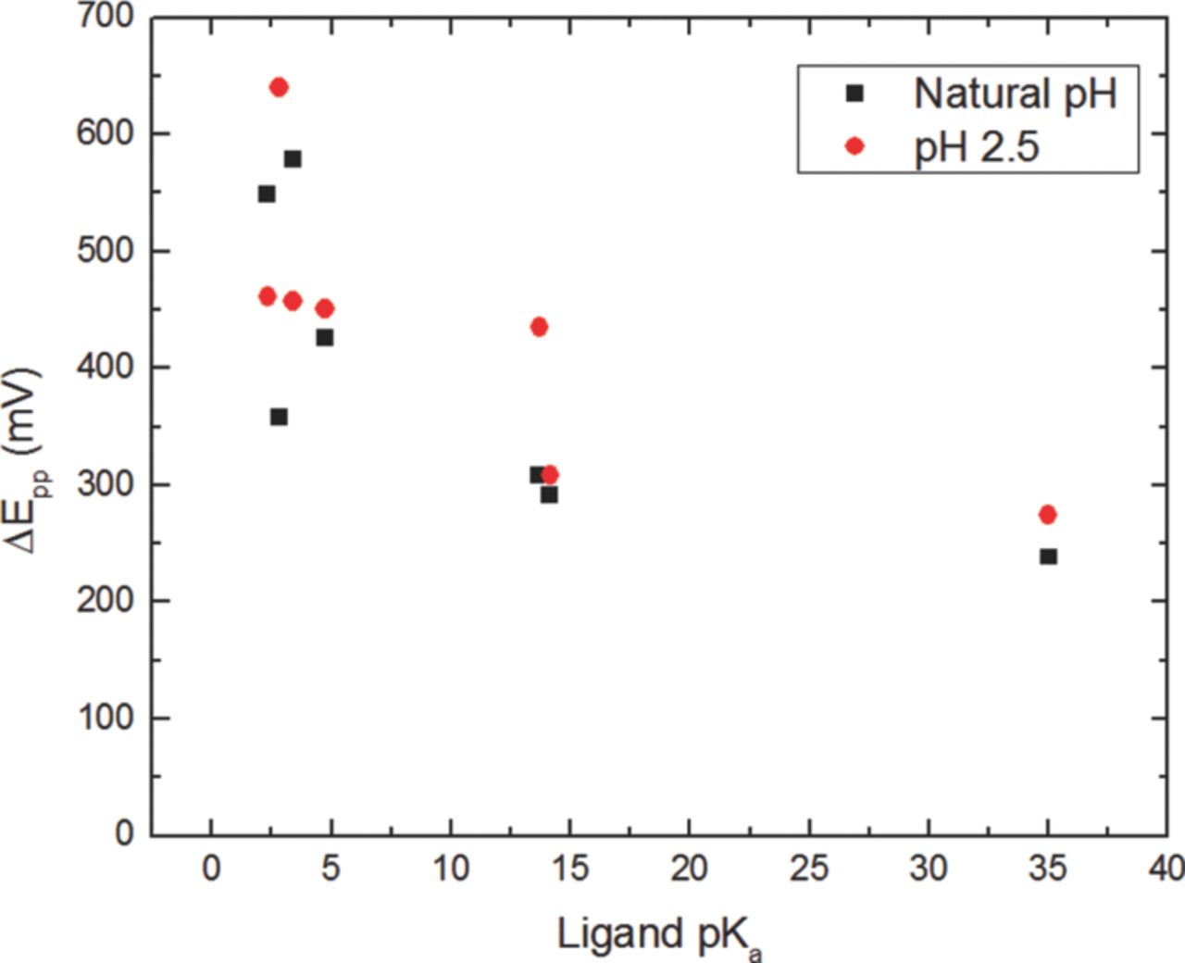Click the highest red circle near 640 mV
[279, 87]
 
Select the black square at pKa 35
[1048, 557]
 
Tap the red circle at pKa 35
[1048, 515]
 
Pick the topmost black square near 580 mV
[293, 159]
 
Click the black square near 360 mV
[279, 417]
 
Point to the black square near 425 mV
[325, 338]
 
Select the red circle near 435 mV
[539, 327]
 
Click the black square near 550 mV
[267, 194]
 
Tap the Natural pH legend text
[1016, 94]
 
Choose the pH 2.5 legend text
[977, 146]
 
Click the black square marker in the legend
[854, 93]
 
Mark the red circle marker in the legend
[854, 146]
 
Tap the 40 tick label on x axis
[1165, 869]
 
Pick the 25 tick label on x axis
[809, 869]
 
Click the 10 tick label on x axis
[451, 869]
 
